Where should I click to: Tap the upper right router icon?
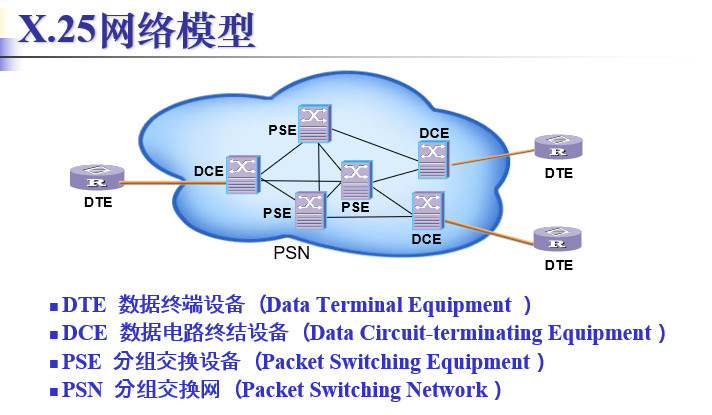[558, 148]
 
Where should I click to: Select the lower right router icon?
[558, 240]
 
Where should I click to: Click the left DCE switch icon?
[242, 173]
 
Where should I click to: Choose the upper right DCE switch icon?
[433, 157]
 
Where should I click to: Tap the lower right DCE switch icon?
[428, 208]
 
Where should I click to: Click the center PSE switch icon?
[356, 179]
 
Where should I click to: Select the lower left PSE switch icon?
[310, 207]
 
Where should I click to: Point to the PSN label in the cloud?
[292, 253]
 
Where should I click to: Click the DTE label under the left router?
[98, 202]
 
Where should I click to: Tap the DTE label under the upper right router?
[559, 173]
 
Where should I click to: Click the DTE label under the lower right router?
[559, 265]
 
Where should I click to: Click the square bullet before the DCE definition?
[54, 334]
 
